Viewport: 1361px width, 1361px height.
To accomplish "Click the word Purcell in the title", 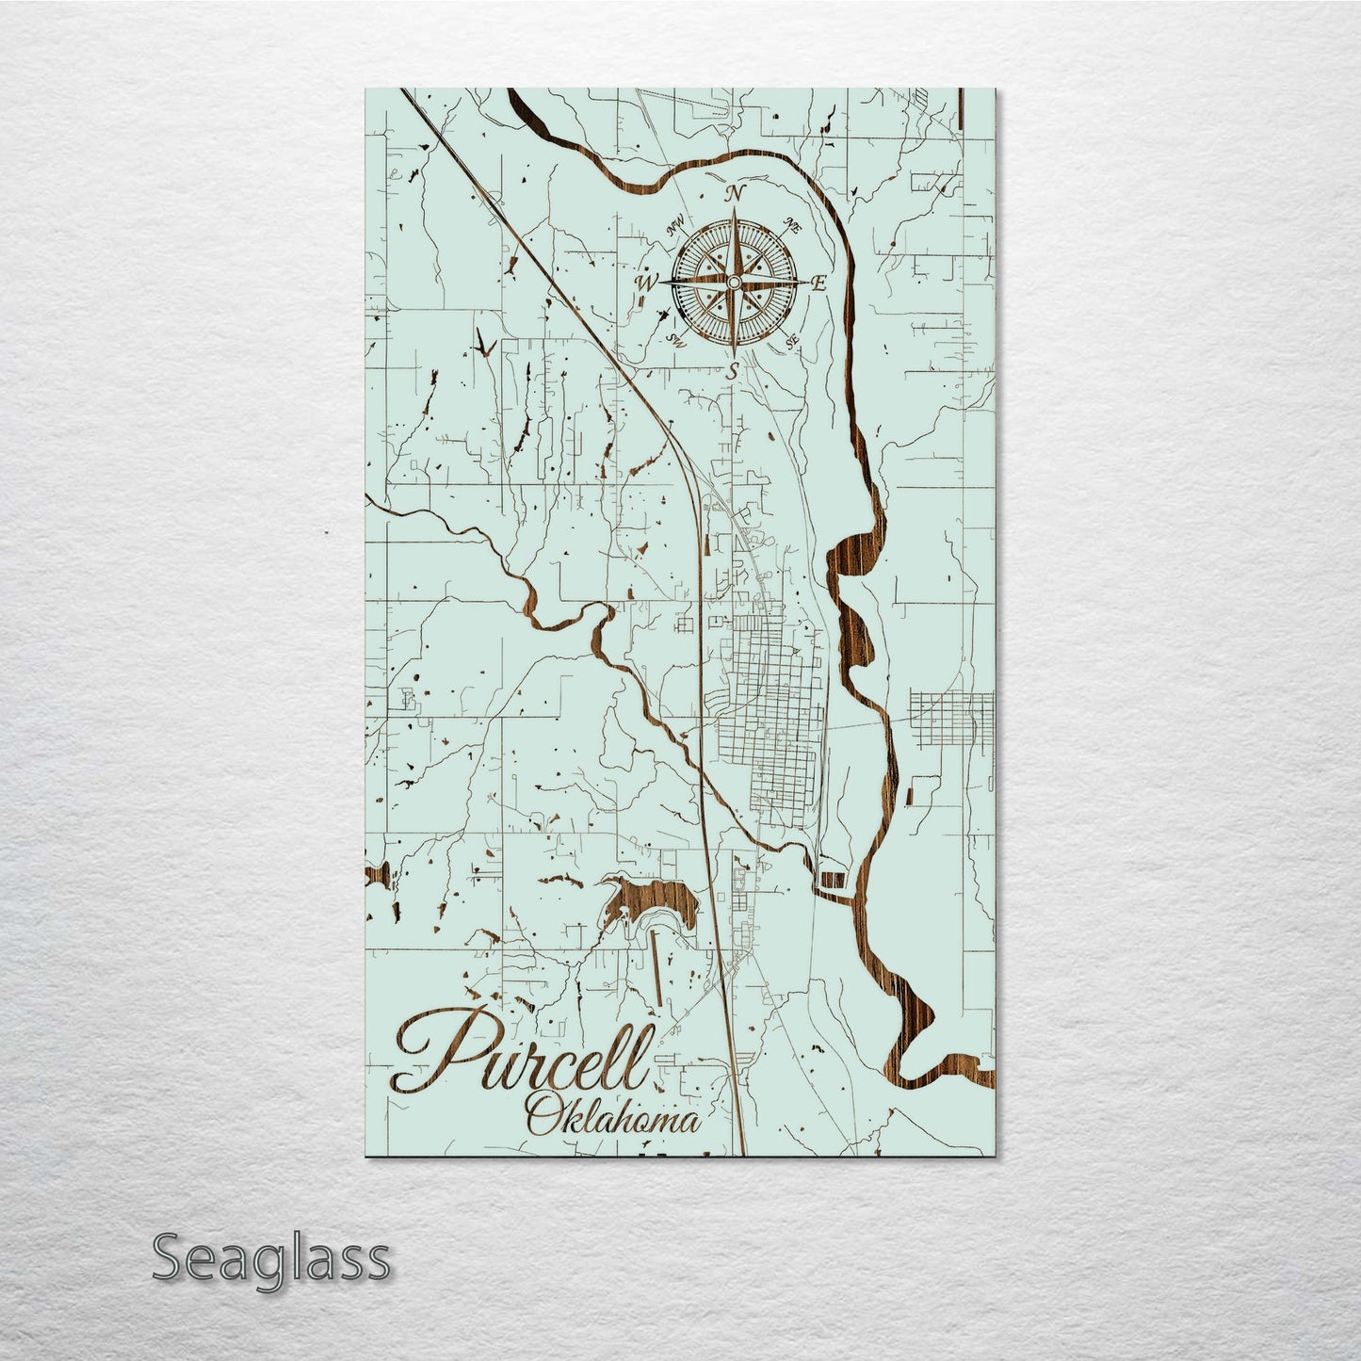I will click(523, 1053).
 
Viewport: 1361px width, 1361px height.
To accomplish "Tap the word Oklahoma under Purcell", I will click(613, 1121).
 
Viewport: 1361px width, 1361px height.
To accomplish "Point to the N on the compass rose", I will click(734, 195).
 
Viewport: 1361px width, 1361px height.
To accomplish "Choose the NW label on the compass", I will click(674, 227).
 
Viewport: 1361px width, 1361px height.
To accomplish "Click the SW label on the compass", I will click(674, 339).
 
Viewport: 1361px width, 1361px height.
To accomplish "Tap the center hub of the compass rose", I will click(733, 283).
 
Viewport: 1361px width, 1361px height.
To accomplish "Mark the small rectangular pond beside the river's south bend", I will click(833, 879).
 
